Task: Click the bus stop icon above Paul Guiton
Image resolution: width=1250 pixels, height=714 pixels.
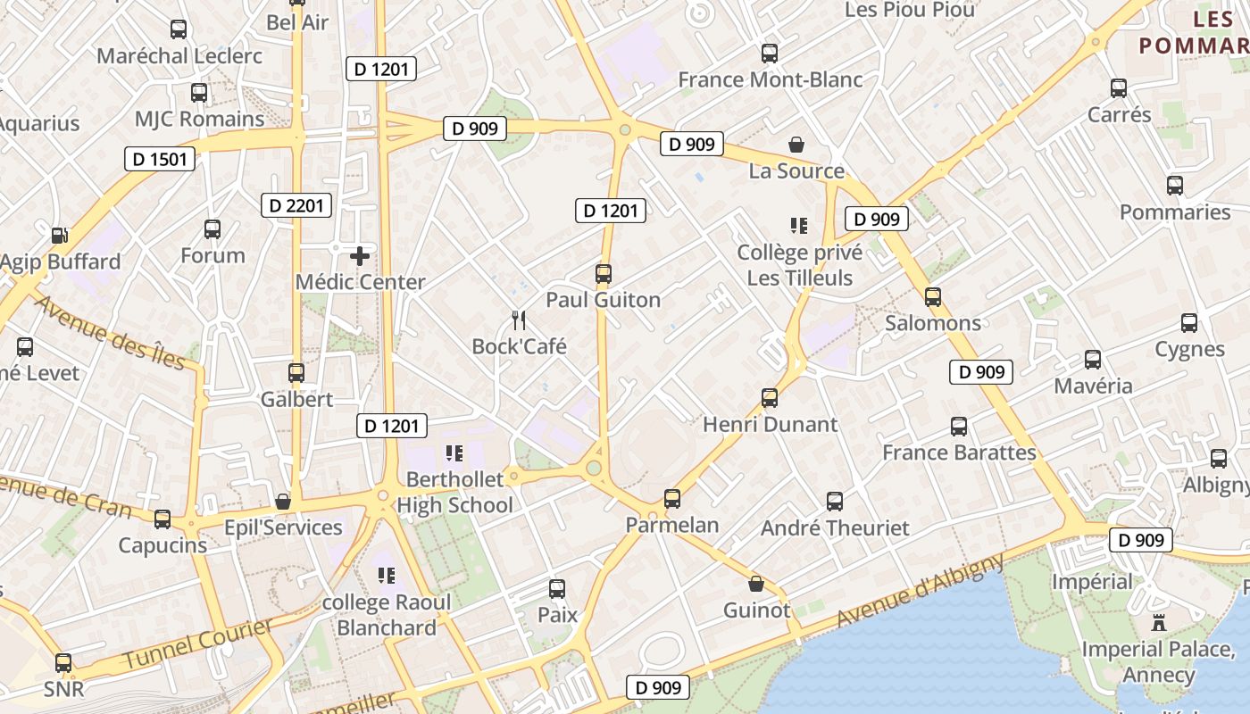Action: pos(604,273)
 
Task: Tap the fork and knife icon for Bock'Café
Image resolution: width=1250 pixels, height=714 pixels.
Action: pos(518,320)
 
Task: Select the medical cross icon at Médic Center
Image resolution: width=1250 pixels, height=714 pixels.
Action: pos(360,256)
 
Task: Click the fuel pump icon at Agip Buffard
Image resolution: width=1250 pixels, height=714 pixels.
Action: pos(59,236)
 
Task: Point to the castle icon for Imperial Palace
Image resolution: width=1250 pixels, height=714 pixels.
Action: pos(1159,622)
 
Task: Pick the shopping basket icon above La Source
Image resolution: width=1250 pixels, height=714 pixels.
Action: pos(796,145)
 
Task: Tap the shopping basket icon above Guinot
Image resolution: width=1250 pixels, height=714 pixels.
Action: pos(756,585)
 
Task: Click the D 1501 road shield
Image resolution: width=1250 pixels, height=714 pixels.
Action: pos(160,159)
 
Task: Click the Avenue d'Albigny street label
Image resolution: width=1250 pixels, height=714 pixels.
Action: pos(920,591)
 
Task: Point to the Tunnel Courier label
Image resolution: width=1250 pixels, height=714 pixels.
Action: pos(198,643)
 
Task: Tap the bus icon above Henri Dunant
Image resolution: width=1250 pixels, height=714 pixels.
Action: pos(770,397)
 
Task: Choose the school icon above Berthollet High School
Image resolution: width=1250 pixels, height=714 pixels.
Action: pos(454,453)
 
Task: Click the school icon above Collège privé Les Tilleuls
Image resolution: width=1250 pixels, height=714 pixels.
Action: pos(799,226)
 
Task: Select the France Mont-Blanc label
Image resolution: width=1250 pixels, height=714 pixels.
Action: pos(770,79)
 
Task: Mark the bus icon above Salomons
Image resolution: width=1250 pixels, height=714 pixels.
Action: pos(933,296)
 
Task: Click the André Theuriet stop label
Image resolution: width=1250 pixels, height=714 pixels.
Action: pos(835,527)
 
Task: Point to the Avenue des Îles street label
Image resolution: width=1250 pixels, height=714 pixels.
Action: pos(110,332)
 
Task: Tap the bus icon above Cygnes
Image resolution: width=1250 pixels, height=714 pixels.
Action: pos(1189,323)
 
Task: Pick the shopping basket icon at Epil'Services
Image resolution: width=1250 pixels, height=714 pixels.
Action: pos(283,502)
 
